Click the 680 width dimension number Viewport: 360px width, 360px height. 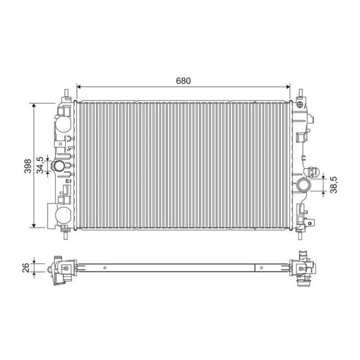point(183,80)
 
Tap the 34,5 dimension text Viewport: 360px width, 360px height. point(40,164)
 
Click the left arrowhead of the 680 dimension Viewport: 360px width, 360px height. point(78,87)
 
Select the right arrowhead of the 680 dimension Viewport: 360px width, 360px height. point(288,87)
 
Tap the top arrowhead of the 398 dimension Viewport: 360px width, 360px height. point(35,105)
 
